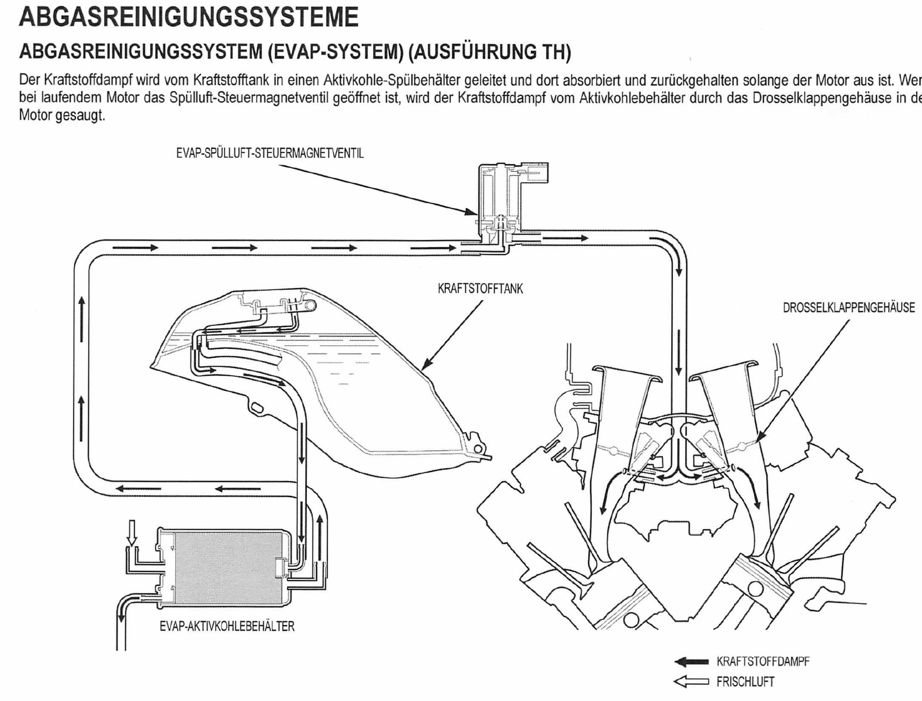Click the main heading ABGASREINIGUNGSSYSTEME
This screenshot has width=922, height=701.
tap(188, 17)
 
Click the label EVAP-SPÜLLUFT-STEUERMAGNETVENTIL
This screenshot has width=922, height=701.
tap(270, 154)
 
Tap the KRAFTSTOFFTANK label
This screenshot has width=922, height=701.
tap(480, 289)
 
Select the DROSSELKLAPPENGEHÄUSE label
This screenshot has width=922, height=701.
tap(848, 308)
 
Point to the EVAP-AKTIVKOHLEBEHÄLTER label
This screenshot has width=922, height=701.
tap(227, 627)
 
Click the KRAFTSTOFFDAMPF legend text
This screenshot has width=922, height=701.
tap(762, 662)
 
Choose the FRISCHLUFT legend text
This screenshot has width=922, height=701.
tap(745, 682)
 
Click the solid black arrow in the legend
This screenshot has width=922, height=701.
tap(691, 662)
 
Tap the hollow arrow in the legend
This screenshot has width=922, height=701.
tap(691, 682)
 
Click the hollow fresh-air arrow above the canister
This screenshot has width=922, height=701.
tap(132, 533)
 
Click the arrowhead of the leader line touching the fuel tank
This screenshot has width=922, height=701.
tap(425, 367)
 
